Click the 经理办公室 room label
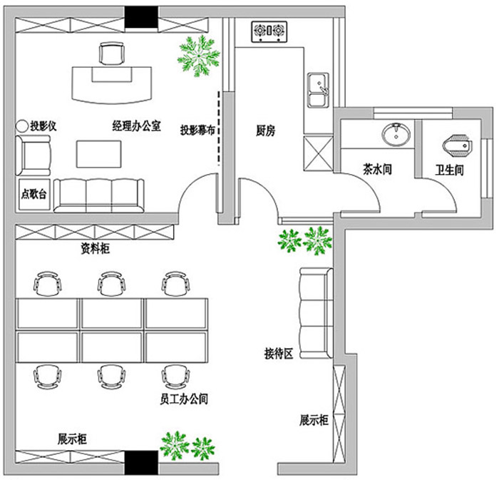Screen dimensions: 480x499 (x=136, y=126)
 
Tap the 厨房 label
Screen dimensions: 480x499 (x=266, y=131)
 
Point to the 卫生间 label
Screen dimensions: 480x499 (x=450, y=170)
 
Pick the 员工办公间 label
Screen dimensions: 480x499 (x=184, y=399)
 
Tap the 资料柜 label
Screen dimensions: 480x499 (x=95, y=249)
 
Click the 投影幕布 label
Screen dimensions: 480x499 (x=197, y=131)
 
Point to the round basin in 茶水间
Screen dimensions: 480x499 (x=394, y=133)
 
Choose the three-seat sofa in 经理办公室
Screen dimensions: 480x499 (x=98, y=193)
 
